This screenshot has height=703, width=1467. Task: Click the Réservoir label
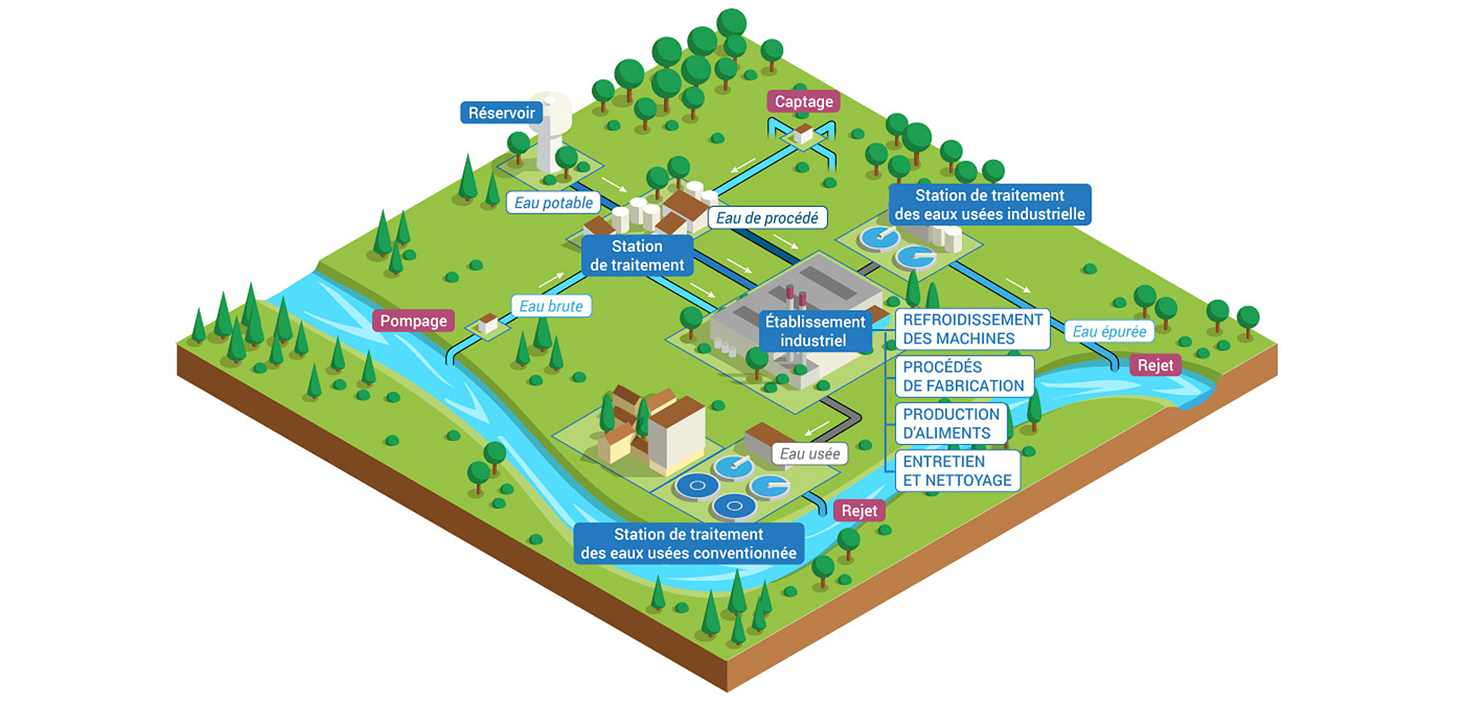pos(501,113)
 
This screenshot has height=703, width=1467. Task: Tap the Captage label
pos(803,102)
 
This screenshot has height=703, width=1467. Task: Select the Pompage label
pos(414,321)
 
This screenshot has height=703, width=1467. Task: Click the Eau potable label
pos(553,203)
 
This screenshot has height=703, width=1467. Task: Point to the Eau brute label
pos(551,306)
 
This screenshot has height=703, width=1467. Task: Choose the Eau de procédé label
pos(767,218)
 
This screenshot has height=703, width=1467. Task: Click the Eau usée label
pos(810,454)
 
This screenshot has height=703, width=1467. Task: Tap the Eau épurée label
pos(1109,332)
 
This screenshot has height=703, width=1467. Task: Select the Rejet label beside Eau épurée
pos(1155,366)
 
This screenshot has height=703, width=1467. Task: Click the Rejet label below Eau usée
pos(859,511)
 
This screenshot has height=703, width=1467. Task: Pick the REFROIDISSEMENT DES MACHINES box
pos(972,329)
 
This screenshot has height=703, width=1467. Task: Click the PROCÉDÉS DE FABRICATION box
pos(964,376)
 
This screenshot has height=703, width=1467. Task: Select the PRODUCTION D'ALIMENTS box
pos(951,423)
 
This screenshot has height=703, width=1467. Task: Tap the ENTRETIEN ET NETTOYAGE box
pos(957,471)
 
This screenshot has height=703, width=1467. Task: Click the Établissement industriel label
pos(815,331)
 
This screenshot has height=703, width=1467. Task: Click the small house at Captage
pos(803,133)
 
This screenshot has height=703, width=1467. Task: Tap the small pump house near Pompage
pos(488,324)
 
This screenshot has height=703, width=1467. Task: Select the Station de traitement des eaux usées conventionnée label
pos(688,543)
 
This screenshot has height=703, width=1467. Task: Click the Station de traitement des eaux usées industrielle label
pos(990,205)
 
